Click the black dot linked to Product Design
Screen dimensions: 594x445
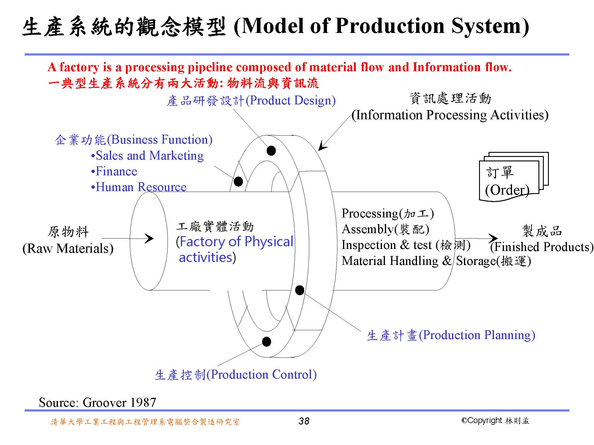(271, 150)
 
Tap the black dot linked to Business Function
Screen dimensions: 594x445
(238, 181)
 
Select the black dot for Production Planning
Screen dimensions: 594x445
(299, 290)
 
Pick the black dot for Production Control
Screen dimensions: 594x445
(266, 341)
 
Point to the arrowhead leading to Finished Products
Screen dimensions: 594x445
(493, 238)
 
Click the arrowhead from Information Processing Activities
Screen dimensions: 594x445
(323, 146)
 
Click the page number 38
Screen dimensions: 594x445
(304, 421)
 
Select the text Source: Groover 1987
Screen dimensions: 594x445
(97, 402)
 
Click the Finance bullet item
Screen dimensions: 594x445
(114, 171)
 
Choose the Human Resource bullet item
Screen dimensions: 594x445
(139, 187)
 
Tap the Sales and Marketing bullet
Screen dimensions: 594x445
(147, 156)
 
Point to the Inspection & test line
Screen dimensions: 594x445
(406, 245)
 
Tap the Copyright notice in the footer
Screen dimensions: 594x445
(495, 420)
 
